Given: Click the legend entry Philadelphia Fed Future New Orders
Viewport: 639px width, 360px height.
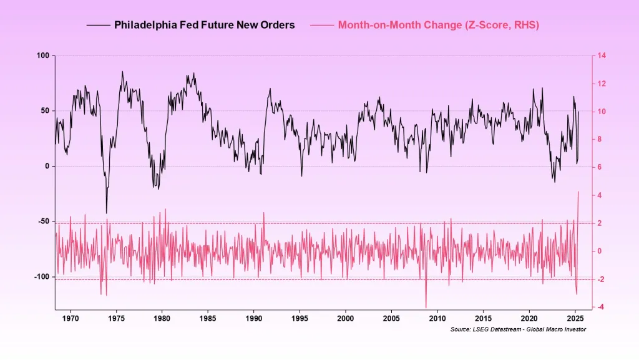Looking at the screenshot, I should pos(204,26).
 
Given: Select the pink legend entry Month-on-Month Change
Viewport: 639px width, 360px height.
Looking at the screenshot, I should pos(438,26).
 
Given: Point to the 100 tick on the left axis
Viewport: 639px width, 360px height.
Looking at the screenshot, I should pos(42,56).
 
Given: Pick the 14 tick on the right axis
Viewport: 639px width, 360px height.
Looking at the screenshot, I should pos(600,56).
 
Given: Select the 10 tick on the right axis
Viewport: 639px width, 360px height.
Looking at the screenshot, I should pos(600,112).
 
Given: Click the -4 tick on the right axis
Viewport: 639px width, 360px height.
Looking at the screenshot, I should pos(600,307).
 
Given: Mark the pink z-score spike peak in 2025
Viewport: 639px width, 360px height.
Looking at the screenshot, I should pos(578,192).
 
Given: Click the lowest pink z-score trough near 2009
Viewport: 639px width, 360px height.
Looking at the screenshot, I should pos(426,306).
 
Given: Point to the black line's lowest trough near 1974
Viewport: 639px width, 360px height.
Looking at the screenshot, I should pos(106,213).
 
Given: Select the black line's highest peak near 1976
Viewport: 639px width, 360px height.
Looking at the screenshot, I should pos(122,72).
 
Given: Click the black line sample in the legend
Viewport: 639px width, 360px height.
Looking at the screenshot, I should pos(98,26).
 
